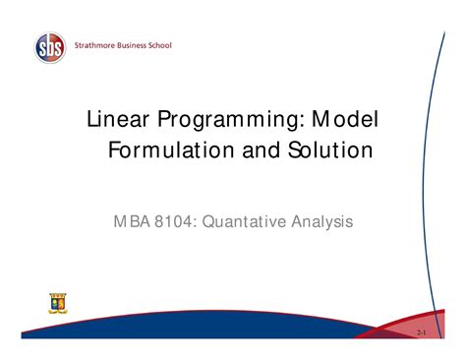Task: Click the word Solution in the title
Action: tap(317, 150)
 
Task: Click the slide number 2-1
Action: tap(422, 334)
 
